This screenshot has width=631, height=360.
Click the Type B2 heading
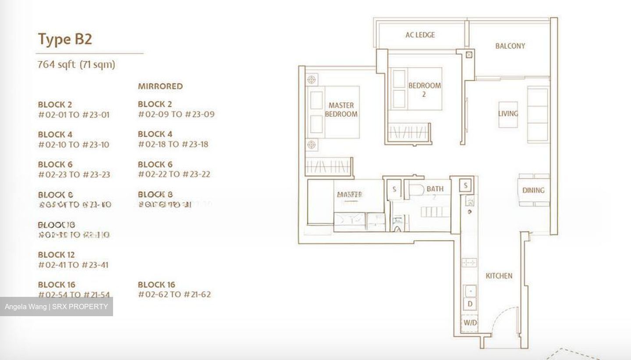click(65, 39)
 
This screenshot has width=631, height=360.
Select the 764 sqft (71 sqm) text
click(76, 64)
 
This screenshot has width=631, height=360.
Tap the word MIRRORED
click(160, 86)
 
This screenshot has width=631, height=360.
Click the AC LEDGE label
click(420, 35)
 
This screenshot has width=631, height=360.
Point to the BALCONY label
click(510, 46)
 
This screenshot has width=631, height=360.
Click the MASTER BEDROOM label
click(341, 110)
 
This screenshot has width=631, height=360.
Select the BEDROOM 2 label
click(424, 89)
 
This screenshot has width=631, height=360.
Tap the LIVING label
click(508, 114)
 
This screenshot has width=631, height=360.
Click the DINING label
click(533, 190)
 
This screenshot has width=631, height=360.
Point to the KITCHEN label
click(499, 276)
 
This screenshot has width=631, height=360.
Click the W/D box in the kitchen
click(470, 323)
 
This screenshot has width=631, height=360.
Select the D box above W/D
click(470, 304)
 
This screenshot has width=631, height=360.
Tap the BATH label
click(435, 189)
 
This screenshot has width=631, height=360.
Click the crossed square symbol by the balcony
click(469, 55)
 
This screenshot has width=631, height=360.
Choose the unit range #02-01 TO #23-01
click(74, 115)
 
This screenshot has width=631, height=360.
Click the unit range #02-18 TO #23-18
click(173, 144)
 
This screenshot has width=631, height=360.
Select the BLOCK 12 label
click(56, 255)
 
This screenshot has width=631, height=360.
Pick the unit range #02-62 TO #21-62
click(174, 294)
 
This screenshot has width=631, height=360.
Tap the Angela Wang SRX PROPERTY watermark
click(56, 307)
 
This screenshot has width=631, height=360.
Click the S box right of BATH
click(465, 185)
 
